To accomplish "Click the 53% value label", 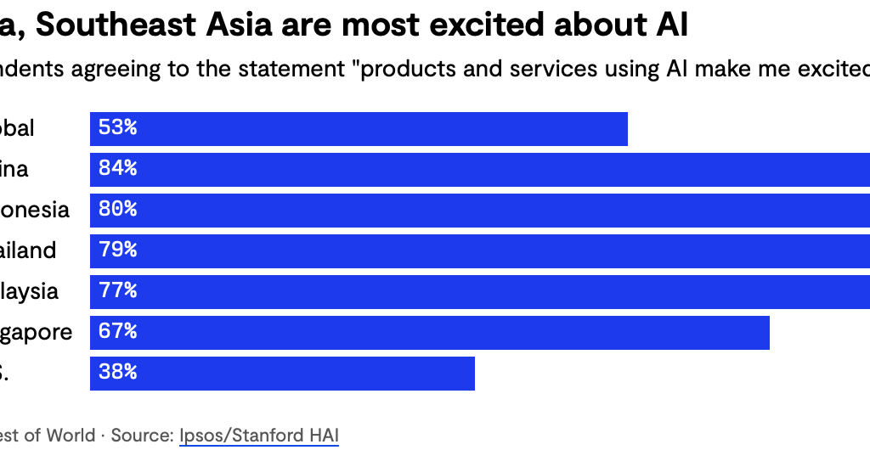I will pyautogui.click(x=117, y=128).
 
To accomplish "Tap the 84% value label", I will pyautogui.click(x=117, y=169).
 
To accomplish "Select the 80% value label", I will pyautogui.click(x=117, y=210).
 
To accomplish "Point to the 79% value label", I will pyautogui.click(x=117, y=250).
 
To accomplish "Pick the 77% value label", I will pyautogui.click(x=117, y=291).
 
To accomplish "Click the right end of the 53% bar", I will pyautogui.click(x=625, y=129).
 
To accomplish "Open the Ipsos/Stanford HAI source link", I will pyautogui.click(x=258, y=436).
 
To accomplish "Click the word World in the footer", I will pyautogui.click(x=71, y=436).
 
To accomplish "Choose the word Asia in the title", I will pyautogui.click(x=234, y=25).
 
